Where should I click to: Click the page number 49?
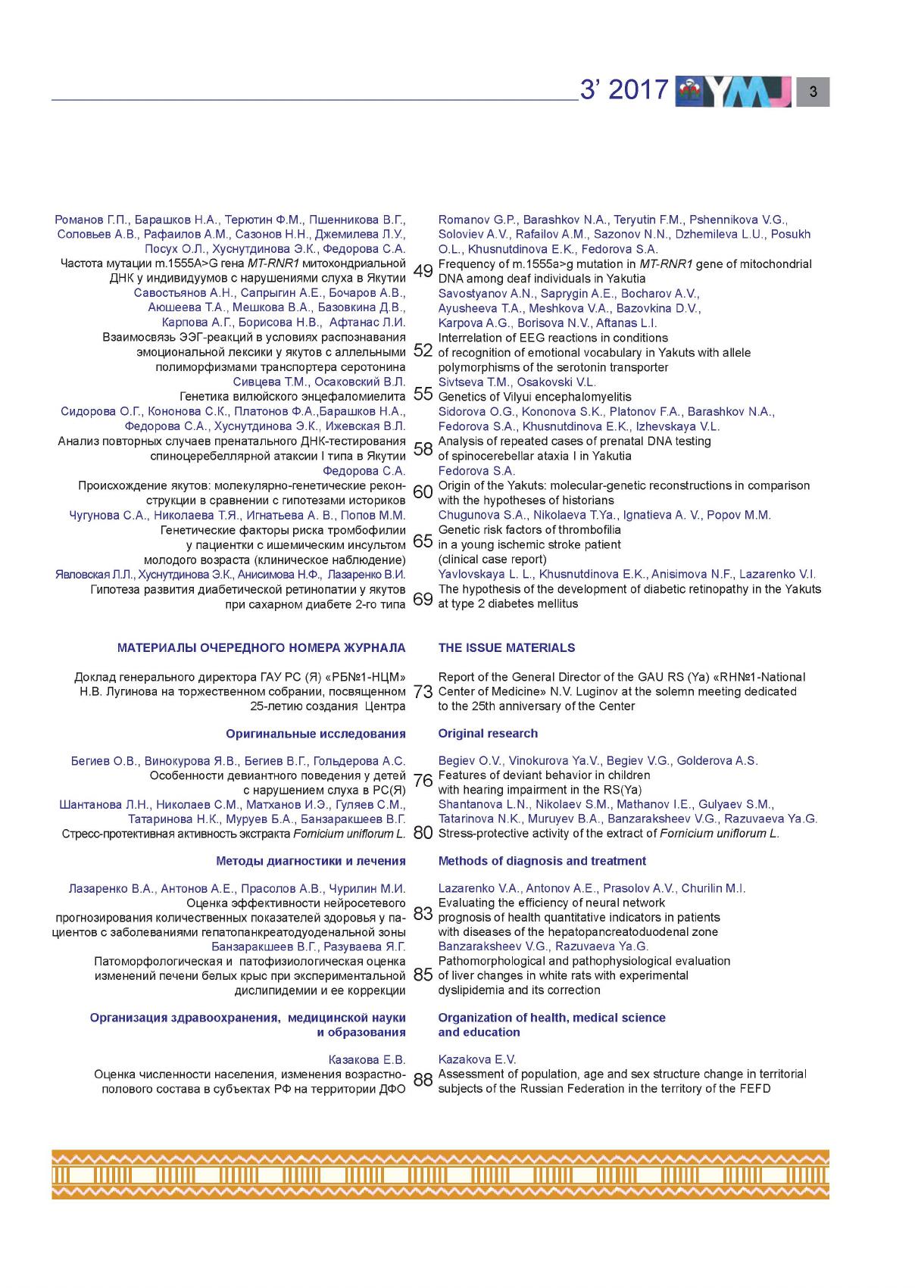click(x=423, y=271)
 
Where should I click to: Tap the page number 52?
click(x=423, y=350)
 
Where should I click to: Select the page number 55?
click(x=423, y=394)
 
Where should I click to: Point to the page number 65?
click(x=423, y=541)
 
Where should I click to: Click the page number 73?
click(x=423, y=691)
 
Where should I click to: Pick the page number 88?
click(x=423, y=1081)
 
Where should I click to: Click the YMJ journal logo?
click(x=732, y=91)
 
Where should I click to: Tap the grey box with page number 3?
click(x=813, y=92)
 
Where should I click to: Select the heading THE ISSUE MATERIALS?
click(x=506, y=647)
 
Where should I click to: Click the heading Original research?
click(x=488, y=733)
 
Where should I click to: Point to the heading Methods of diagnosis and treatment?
click(x=542, y=861)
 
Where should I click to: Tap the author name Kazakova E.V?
click(x=476, y=1059)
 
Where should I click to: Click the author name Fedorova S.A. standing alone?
click(x=476, y=471)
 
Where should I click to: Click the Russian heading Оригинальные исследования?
click(x=315, y=734)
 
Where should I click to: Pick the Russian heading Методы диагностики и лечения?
click(x=311, y=861)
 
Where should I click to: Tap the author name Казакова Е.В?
click(x=367, y=1059)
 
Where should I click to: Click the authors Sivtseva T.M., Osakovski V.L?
click(x=517, y=382)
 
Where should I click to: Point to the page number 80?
click(x=423, y=833)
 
